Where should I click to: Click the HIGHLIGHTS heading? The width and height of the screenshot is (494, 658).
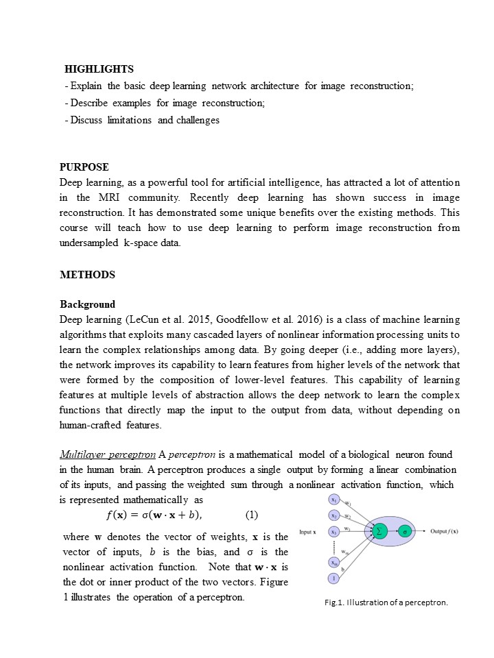(99, 69)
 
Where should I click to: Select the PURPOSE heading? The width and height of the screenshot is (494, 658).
(84, 167)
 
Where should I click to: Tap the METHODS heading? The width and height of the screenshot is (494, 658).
(87, 275)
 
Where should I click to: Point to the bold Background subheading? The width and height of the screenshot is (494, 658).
(87, 304)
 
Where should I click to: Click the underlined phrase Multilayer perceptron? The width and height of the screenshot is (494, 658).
(108, 454)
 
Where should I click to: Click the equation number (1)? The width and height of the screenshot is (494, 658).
(251, 515)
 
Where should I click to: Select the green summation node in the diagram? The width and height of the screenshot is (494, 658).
(378, 531)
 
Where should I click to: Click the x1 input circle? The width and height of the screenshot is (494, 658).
(333, 499)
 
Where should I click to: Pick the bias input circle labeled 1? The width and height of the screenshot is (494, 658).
(333, 578)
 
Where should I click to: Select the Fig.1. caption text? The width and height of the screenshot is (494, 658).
(386, 602)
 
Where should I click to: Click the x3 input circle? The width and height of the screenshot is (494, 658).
(333, 532)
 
